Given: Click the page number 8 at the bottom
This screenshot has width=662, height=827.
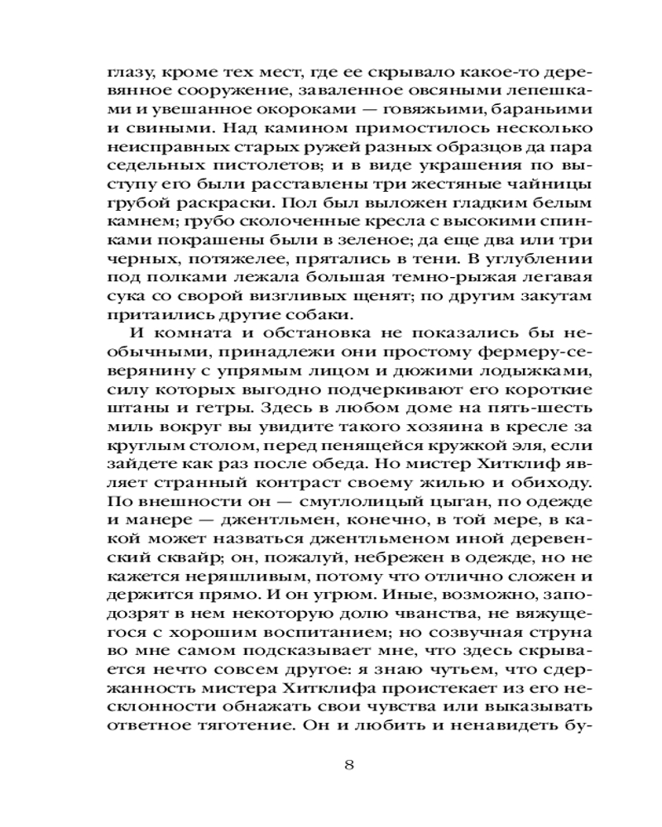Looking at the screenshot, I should click(x=348, y=764).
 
